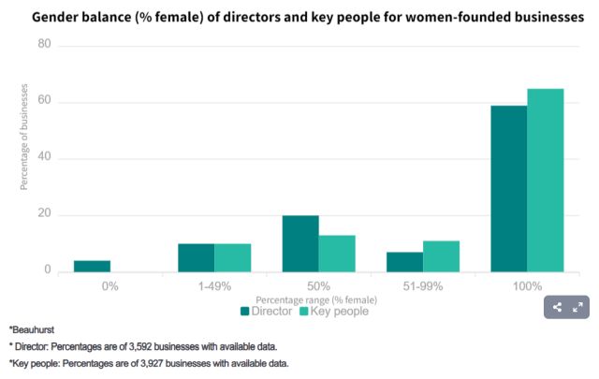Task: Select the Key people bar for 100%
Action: tap(546, 181)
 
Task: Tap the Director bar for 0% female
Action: tap(93, 267)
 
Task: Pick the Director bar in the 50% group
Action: tap(300, 244)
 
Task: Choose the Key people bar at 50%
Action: tap(337, 254)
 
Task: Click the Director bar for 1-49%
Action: tap(197, 258)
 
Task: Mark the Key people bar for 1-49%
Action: tap(233, 258)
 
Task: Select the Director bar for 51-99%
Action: tap(405, 262)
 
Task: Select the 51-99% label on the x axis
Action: tap(423, 284)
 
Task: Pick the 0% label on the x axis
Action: tap(110, 284)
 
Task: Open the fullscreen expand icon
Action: tap(577, 307)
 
